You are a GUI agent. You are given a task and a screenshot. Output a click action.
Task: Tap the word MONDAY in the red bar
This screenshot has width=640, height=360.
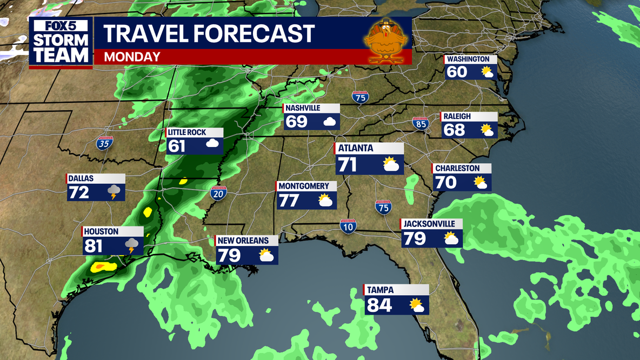132,57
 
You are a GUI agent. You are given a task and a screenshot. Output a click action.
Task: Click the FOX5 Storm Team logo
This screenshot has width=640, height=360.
60,43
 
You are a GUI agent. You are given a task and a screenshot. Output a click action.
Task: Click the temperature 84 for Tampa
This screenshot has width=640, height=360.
379,305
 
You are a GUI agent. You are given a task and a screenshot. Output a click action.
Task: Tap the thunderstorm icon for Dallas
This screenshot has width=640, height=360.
114,192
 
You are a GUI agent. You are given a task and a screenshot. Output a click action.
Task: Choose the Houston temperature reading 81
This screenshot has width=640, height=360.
94,246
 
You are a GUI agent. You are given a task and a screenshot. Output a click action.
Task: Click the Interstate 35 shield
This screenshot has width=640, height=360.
105,144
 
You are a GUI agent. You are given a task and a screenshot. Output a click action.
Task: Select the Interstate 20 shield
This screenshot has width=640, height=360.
218,194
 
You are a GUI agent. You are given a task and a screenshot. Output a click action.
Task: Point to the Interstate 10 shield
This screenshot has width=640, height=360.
348,226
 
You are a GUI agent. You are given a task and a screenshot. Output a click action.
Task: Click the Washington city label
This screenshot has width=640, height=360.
468,59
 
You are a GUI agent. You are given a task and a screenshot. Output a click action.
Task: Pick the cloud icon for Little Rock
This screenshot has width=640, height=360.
212,144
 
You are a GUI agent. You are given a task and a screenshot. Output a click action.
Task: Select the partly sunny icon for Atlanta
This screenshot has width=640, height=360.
391,164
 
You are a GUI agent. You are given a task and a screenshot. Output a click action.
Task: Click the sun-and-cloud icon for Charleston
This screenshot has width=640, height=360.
480,183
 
